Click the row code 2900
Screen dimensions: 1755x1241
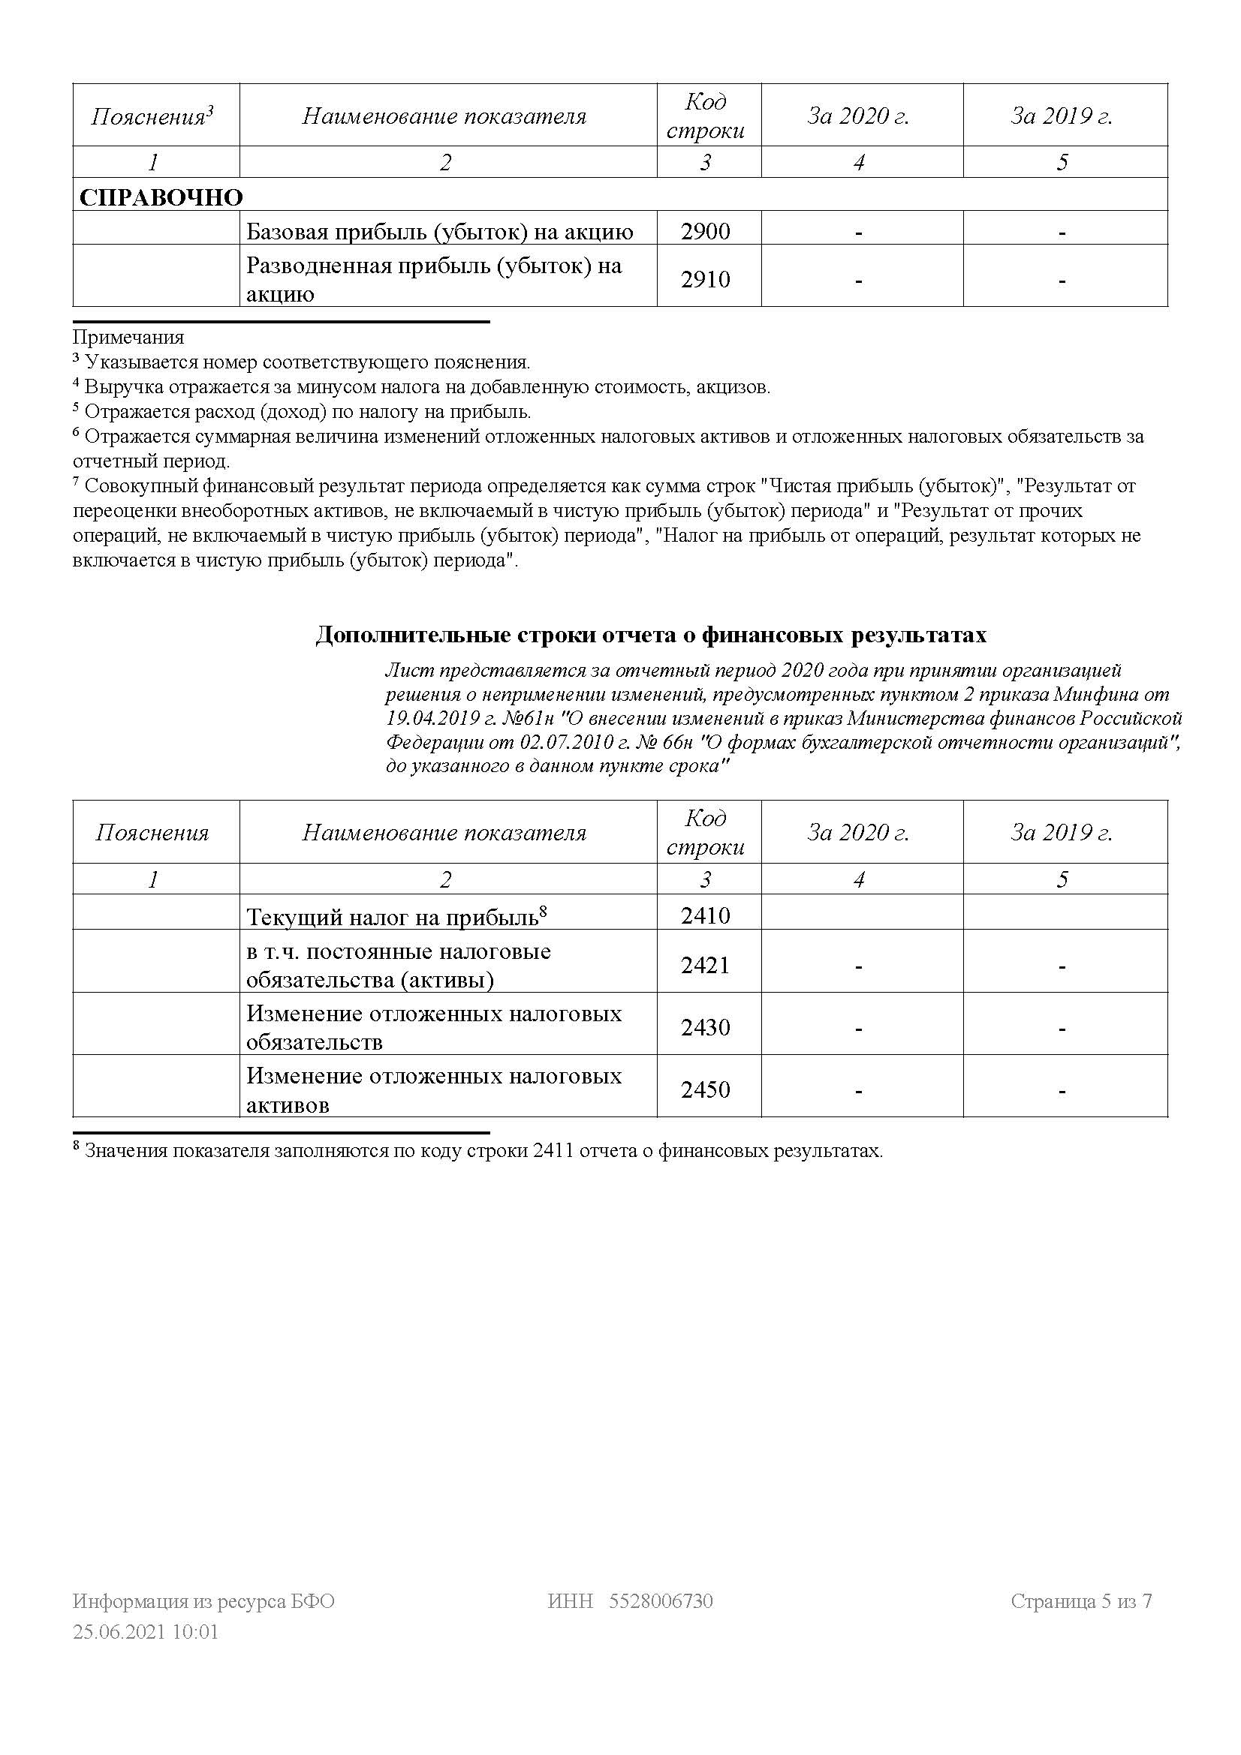point(705,231)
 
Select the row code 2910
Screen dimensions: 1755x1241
point(705,279)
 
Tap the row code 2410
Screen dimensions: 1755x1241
point(705,915)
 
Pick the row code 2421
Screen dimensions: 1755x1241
point(705,966)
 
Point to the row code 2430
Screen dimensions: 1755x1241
point(705,1027)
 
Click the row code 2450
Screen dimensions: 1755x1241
point(705,1089)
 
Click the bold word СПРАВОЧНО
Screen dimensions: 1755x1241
point(161,197)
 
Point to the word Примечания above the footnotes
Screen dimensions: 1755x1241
point(128,337)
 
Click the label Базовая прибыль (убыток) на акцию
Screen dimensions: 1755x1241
point(440,232)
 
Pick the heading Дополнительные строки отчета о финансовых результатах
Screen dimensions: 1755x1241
point(651,636)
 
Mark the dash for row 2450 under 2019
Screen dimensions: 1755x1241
point(1062,1091)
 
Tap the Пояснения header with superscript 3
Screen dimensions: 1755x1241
point(152,116)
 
